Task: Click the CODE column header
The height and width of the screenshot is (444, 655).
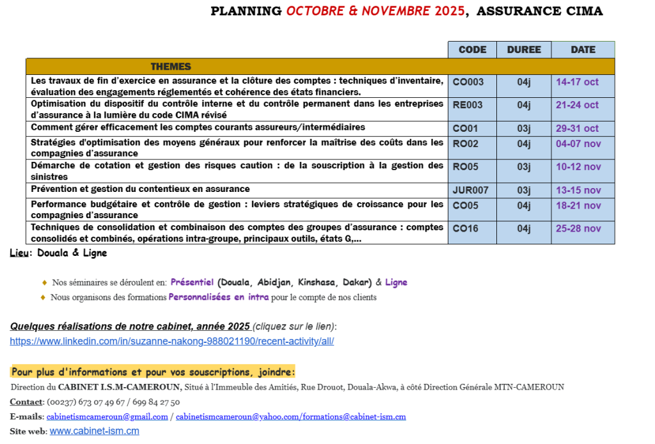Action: click(472, 50)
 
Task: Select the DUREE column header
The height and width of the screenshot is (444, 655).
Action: click(524, 50)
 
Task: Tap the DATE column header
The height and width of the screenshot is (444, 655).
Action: click(583, 50)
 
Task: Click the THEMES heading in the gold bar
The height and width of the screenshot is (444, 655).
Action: click(171, 67)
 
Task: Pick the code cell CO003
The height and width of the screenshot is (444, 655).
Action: click(468, 82)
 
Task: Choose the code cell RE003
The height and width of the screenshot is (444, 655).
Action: click(468, 105)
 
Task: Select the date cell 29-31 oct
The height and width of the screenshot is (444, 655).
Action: click(577, 129)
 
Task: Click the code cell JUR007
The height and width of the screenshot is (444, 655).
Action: click(470, 190)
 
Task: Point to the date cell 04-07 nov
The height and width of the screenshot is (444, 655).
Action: click(578, 144)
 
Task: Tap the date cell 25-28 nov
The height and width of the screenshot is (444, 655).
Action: click(578, 228)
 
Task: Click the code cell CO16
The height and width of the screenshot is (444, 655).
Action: click(465, 228)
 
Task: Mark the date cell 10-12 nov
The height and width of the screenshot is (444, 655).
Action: click(578, 167)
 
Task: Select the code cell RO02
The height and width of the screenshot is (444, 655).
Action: click(465, 144)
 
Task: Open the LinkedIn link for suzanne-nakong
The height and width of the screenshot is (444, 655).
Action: click(171, 341)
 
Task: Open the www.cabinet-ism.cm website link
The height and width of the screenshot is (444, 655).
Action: click(94, 431)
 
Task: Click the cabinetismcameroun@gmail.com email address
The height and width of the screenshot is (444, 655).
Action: click(107, 416)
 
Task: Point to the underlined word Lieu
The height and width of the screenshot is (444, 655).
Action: click(19, 253)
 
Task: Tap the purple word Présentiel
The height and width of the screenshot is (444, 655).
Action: click(192, 282)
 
